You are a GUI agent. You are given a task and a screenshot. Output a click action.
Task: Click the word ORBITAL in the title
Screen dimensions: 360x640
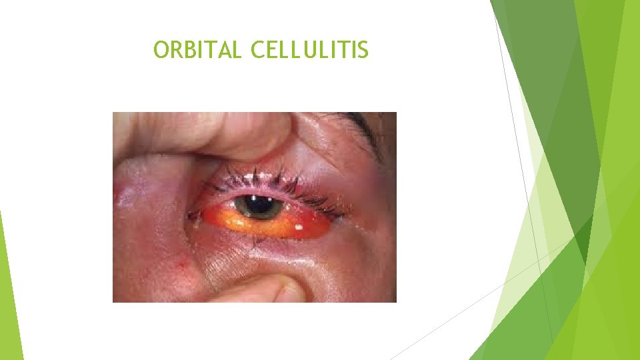click(197, 50)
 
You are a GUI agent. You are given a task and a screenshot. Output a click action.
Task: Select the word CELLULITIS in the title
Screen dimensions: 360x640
click(309, 50)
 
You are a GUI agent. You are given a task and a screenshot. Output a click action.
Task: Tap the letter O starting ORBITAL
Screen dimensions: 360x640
click(161, 50)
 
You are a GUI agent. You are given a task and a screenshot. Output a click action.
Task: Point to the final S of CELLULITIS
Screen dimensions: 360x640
click(362, 50)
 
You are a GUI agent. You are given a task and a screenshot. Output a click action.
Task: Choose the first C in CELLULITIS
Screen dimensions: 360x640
click(259, 50)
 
